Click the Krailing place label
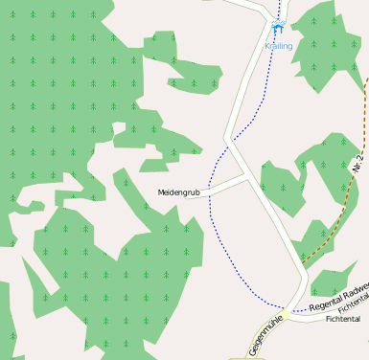coord(279,46)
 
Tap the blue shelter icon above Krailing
coord(278,30)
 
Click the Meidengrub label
coord(178,192)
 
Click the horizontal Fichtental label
coord(342,319)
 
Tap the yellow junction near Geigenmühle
coord(286,313)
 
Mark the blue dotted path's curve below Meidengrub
coord(216,230)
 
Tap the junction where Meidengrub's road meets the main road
coord(246,176)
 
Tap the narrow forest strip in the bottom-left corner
coord(8,316)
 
